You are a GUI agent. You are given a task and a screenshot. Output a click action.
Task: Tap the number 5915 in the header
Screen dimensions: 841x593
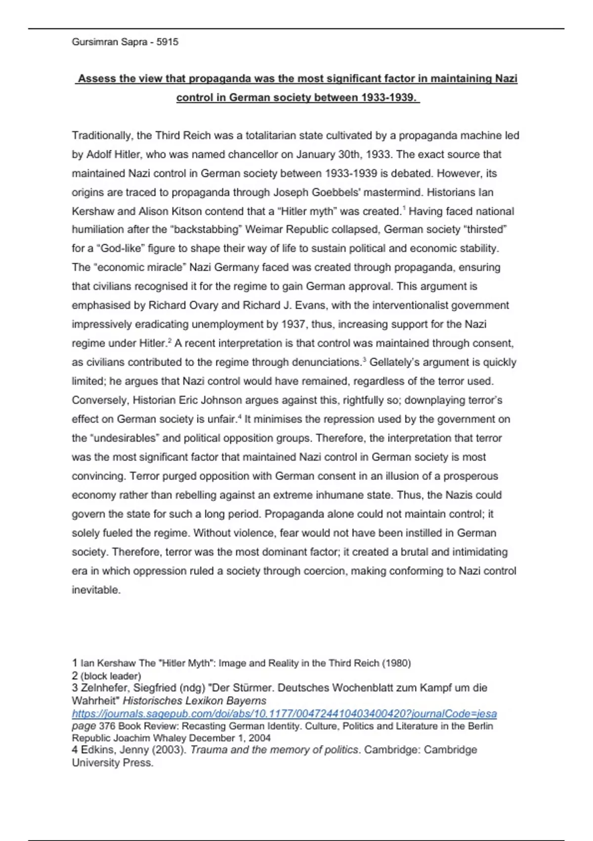coord(168,42)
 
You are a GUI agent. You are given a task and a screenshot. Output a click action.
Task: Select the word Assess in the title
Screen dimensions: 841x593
coord(97,79)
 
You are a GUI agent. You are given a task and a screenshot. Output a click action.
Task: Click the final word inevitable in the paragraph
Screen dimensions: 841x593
coord(96,590)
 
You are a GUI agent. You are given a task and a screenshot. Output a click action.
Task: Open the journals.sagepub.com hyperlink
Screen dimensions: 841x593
coord(284,714)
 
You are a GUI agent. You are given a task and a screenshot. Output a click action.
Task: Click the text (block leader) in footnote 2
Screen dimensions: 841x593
coord(111,676)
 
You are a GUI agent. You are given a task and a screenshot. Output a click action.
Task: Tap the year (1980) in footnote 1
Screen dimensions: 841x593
coord(396,663)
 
